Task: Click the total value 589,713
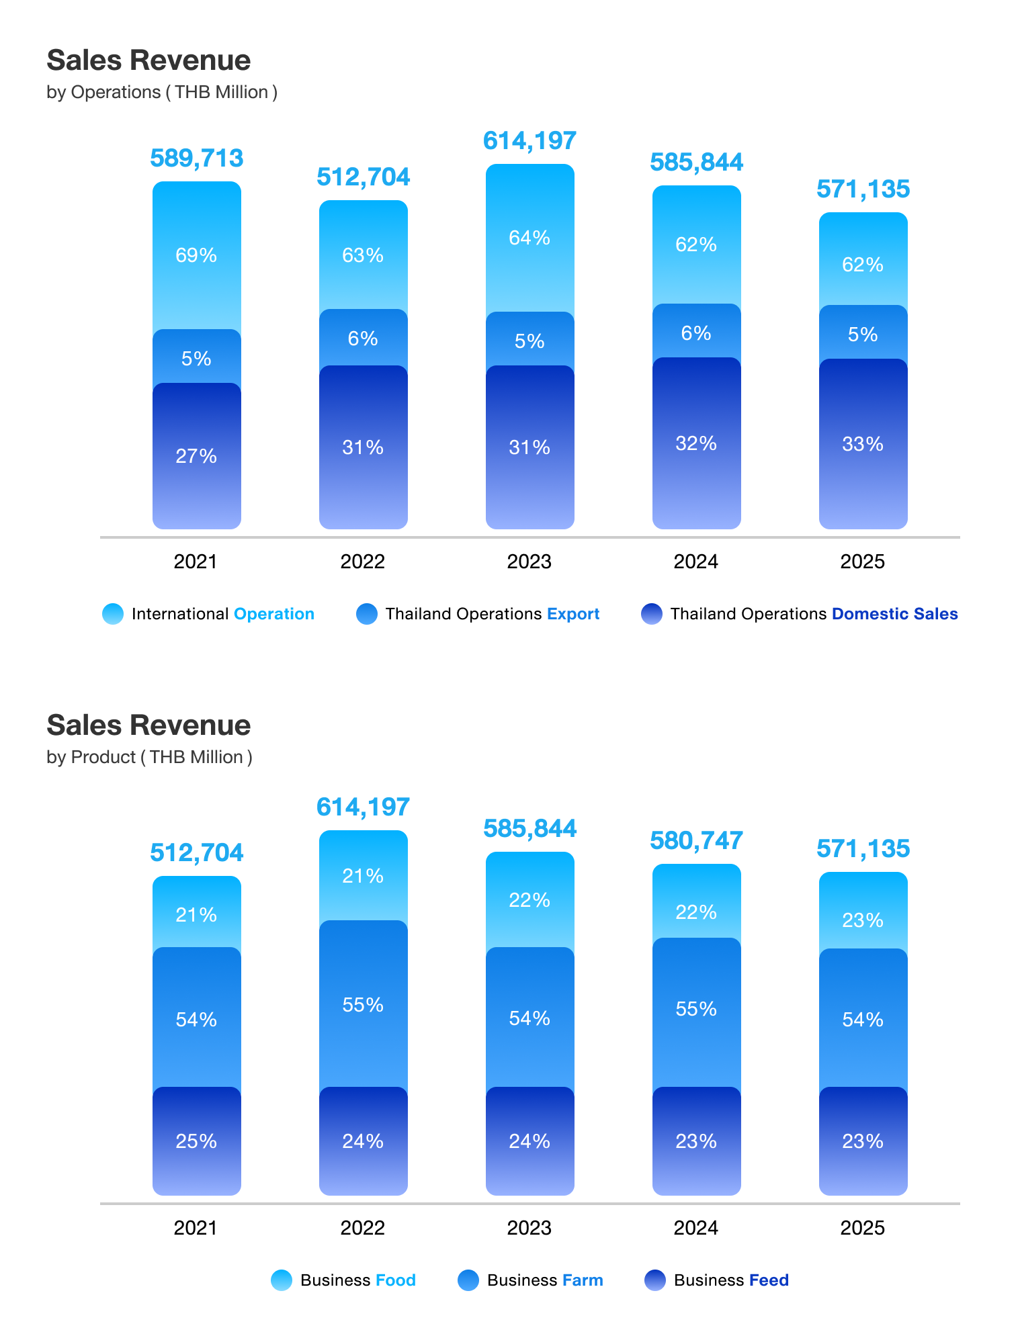(196, 159)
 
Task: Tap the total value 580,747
(696, 840)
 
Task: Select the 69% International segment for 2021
(196, 255)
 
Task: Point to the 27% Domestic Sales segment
(196, 456)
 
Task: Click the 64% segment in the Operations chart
(529, 238)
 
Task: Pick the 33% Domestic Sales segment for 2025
(863, 444)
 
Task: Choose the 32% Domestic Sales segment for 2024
(696, 443)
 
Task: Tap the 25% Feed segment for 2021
(196, 1141)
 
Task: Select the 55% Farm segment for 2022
(363, 1005)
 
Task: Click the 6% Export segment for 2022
(363, 338)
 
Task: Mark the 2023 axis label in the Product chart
(529, 1228)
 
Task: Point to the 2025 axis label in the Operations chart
(863, 562)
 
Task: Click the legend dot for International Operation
(113, 614)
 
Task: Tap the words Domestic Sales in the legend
(894, 614)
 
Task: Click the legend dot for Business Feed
(654, 1280)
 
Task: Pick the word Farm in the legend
(583, 1280)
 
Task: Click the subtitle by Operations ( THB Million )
(162, 92)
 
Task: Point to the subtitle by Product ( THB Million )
(149, 757)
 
